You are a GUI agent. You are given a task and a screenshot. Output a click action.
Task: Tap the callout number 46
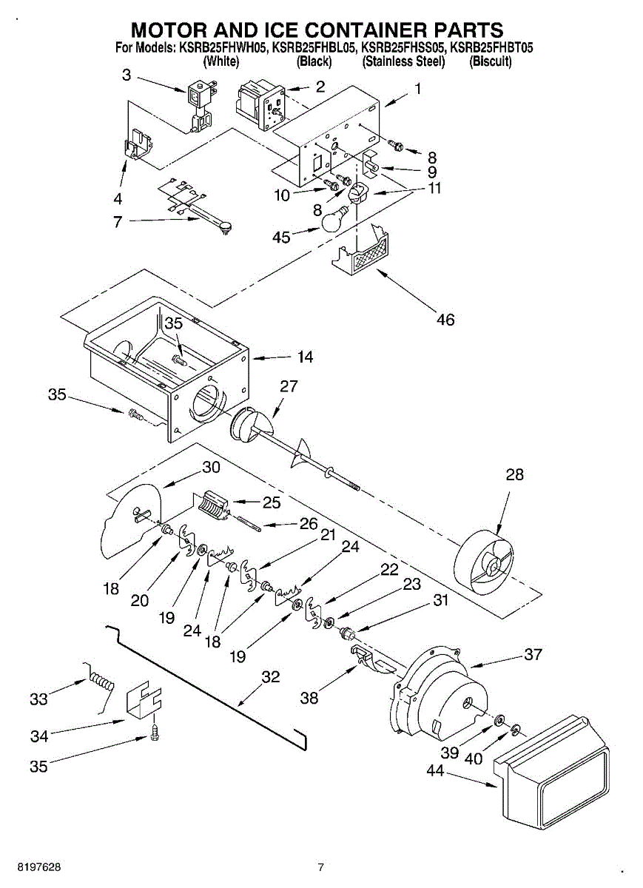(445, 320)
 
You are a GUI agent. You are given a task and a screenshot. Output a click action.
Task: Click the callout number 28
(514, 474)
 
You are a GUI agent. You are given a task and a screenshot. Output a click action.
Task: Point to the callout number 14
(306, 357)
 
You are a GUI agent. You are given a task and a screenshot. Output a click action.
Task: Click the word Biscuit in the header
(491, 61)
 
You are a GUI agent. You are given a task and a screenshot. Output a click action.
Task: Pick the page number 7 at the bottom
(320, 867)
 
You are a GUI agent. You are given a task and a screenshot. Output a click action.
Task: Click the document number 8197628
(39, 867)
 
